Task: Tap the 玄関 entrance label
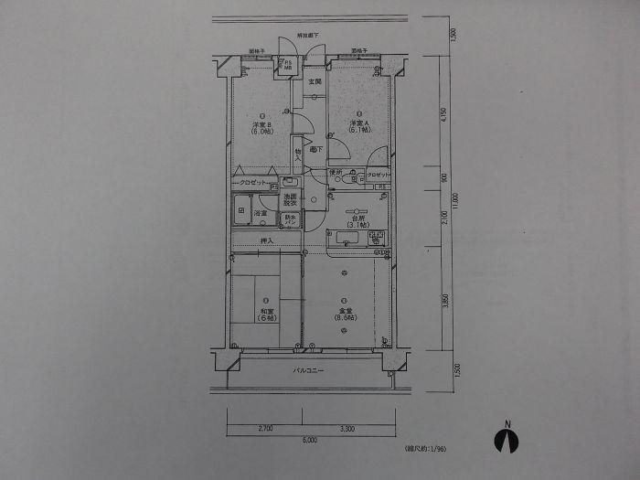point(315,82)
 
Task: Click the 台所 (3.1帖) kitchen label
point(357,220)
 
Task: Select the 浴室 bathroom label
point(261,212)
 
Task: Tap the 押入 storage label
point(267,241)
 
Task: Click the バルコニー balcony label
point(309,370)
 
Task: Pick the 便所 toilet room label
point(336,172)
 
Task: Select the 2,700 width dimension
point(265,428)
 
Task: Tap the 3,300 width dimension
point(347,428)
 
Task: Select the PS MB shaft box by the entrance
point(287,65)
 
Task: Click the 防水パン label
point(289,220)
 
